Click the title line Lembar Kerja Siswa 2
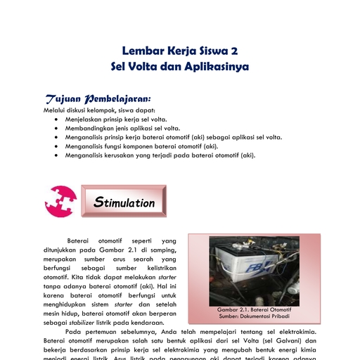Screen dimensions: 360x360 [x=179, y=51]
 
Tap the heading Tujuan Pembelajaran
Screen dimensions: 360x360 [x=98, y=98]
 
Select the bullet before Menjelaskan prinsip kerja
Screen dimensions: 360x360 [x=56, y=120]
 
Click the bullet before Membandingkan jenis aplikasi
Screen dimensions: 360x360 [x=56, y=129]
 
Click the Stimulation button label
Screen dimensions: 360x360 [x=124, y=203]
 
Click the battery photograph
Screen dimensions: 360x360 [x=253, y=268]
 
